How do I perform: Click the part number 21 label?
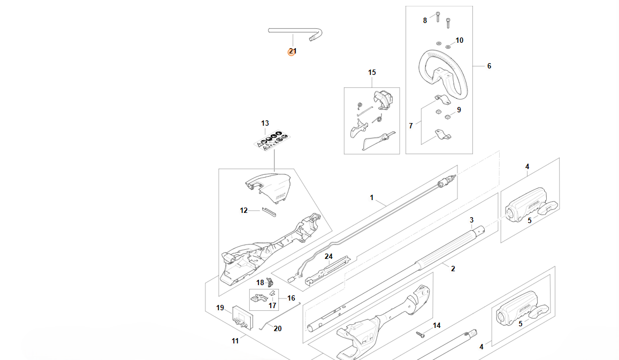coord(293,51)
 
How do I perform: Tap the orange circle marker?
coord(292,52)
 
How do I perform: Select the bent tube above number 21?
coord(295,34)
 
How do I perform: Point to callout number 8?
coord(425,20)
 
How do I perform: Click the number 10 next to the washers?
coord(460,40)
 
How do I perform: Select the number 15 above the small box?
coord(372,72)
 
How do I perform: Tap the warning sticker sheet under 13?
coord(272,140)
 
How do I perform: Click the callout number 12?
coord(243,210)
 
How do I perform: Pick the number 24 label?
coord(328,257)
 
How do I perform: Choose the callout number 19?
coord(220,308)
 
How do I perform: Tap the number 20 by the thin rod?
coord(278,328)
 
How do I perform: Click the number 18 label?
coord(260,282)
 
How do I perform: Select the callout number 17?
coord(272,305)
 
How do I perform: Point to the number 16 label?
coord(291,298)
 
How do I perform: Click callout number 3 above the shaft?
coord(471,220)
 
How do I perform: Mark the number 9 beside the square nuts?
coord(458,110)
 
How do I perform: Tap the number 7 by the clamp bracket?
coord(410,126)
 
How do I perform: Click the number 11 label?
coord(235,341)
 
